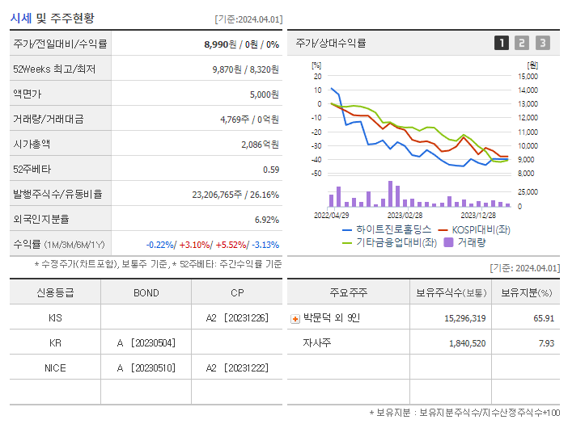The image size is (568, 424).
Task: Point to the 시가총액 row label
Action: [x=32, y=144]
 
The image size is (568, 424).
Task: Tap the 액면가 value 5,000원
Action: [x=264, y=94]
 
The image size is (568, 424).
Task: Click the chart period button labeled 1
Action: [x=502, y=43]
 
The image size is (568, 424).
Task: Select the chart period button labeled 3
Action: [x=542, y=43]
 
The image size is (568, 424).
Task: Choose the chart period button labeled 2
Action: [x=522, y=43]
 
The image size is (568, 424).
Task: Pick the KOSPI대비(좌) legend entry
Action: [x=481, y=229]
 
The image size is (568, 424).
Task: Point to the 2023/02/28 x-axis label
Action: [x=405, y=216]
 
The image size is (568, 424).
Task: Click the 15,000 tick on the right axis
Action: [x=527, y=76]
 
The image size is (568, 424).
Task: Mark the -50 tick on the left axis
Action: [x=316, y=173]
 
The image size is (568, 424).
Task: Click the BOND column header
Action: [x=146, y=292]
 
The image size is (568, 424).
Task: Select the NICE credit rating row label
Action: [x=55, y=367]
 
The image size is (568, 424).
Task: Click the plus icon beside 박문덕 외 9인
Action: [x=295, y=318]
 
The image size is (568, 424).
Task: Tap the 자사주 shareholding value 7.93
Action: [x=545, y=343]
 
